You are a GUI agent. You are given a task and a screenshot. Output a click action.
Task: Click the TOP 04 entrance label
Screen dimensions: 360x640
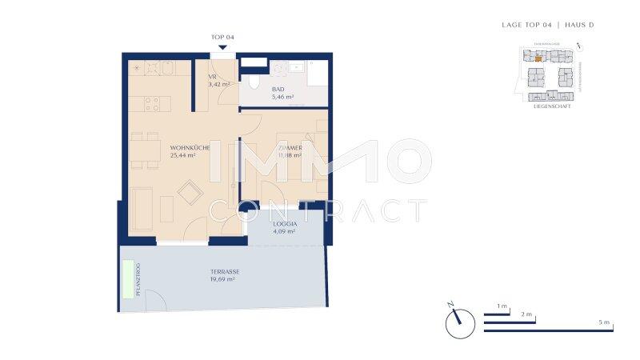[x=222, y=37]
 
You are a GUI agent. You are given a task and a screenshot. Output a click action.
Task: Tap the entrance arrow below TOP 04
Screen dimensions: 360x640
[x=222, y=48]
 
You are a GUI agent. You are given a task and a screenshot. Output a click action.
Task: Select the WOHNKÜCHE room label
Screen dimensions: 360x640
[x=189, y=147]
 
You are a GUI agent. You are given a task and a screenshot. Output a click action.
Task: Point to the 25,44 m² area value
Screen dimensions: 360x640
[x=183, y=156]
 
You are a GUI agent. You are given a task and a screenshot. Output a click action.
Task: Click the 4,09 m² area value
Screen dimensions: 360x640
[x=284, y=232]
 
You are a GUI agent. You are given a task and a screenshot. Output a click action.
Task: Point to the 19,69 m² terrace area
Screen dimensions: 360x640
[x=222, y=280]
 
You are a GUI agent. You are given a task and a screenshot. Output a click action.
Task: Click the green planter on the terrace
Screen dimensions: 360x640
[x=128, y=279]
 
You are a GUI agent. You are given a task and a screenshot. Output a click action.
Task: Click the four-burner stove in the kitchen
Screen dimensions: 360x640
[x=153, y=102]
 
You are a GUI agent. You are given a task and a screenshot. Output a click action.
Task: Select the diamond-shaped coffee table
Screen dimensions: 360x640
[x=190, y=192]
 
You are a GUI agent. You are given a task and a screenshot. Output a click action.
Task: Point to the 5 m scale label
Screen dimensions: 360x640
[x=605, y=322]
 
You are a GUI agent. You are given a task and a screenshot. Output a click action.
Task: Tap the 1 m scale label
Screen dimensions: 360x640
[x=502, y=306]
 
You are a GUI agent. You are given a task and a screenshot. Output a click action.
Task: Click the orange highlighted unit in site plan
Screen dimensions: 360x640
[x=538, y=58]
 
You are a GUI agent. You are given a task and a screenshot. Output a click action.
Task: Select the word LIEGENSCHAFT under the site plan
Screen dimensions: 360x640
[x=551, y=106]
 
